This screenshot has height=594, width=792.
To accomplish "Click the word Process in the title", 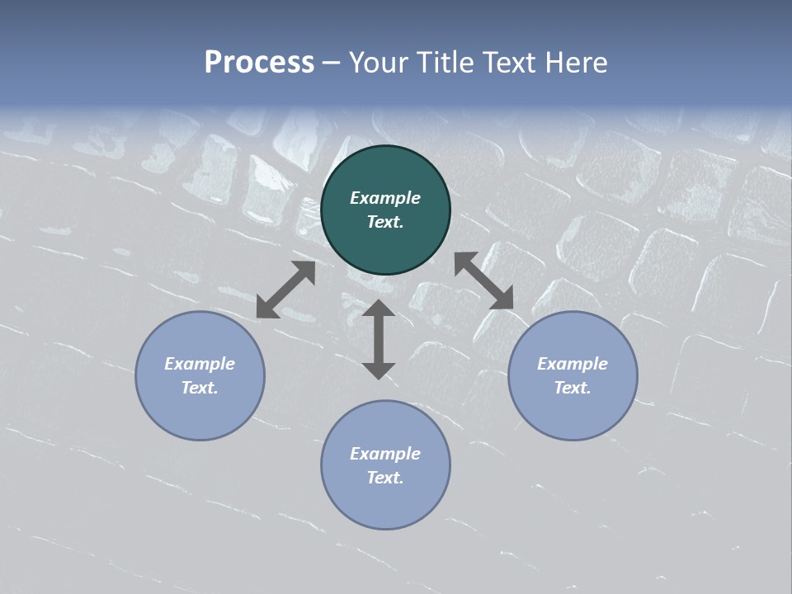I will pos(259,63).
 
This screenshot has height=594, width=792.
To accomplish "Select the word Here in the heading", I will pos(575,63).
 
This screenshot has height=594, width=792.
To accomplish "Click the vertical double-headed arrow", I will pos(379,339).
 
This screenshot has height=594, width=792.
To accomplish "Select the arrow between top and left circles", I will pos(285,290).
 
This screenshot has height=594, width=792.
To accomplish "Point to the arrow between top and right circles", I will pos(483,280).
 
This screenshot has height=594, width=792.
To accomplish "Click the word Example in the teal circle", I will pos(385,198).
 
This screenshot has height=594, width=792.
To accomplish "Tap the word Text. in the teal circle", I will pos(385,222).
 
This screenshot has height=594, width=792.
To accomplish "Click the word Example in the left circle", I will pos(200,364).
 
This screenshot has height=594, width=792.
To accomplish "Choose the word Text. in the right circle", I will pos(573,388).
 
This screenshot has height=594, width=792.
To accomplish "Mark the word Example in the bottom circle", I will pos(385,454).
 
